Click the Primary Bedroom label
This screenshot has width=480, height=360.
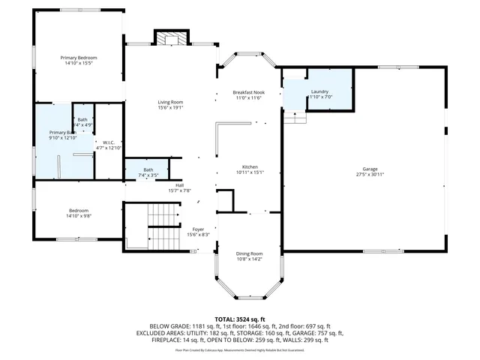pyautogui.click(x=79, y=58)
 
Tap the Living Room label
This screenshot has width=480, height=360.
pyautogui.click(x=171, y=102)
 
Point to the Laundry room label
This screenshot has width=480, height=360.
pyautogui.click(x=320, y=91)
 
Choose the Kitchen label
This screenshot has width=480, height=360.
pyautogui.click(x=250, y=166)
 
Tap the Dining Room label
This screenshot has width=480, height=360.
pyautogui.click(x=250, y=253)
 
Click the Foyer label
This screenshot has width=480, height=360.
pyautogui.click(x=198, y=229)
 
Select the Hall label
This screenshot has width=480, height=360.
pyautogui.click(x=180, y=185)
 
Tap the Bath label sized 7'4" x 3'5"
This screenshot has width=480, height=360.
pyautogui.click(x=148, y=170)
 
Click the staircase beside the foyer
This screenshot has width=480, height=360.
pyautogui.click(x=160, y=228)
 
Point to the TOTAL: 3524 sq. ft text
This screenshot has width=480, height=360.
pyautogui.click(x=239, y=319)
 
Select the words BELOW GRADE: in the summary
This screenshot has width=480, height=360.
pyautogui.click(x=169, y=325)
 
